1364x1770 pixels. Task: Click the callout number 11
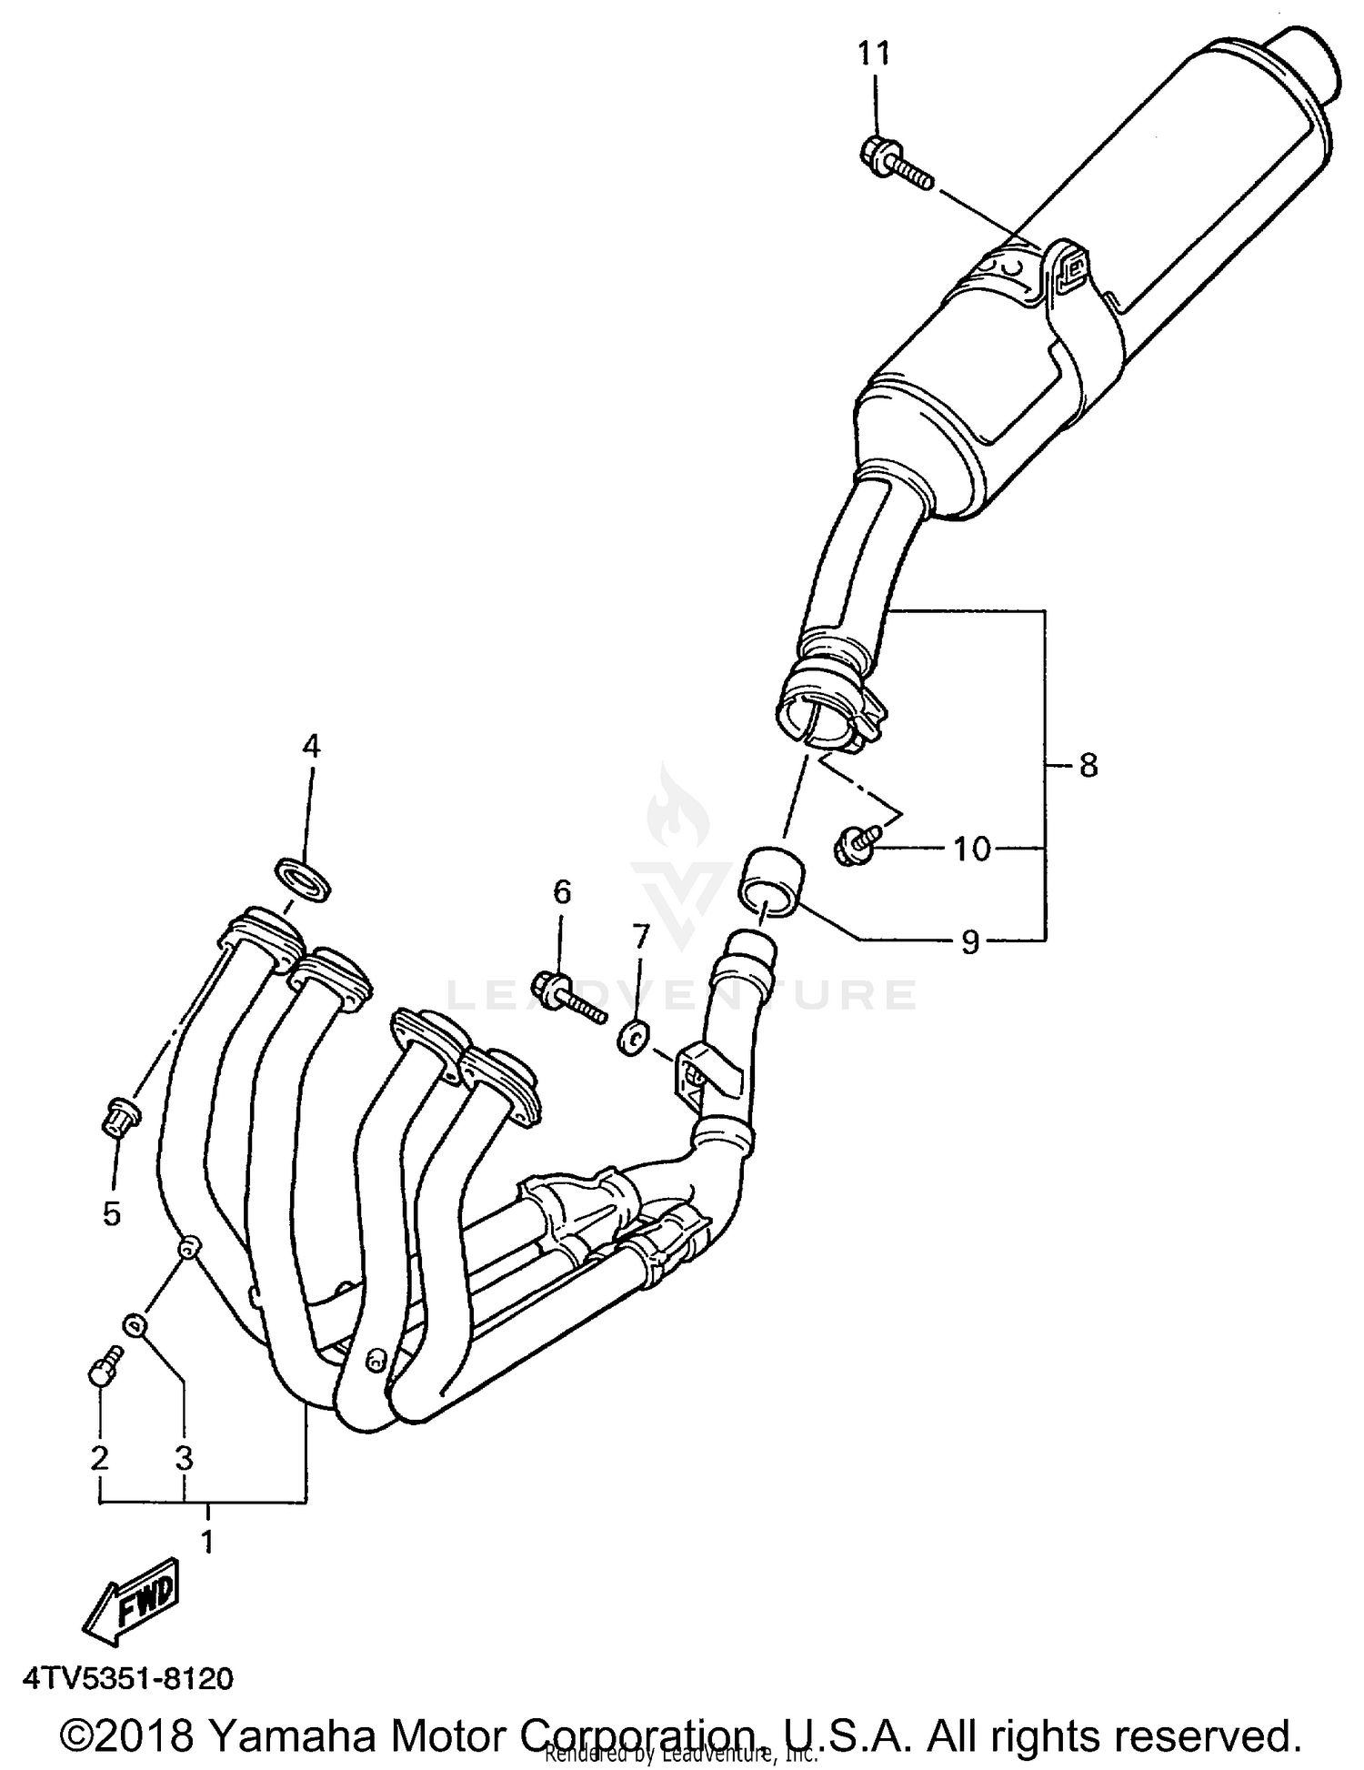(874, 55)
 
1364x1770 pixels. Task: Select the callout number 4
(311, 747)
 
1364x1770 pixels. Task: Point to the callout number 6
(562, 891)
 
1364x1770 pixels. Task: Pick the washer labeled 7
(633, 1036)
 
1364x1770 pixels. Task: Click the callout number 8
(1088, 766)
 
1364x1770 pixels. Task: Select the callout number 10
(971, 849)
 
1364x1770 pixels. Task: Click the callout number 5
(112, 1212)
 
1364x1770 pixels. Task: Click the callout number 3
(185, 1459)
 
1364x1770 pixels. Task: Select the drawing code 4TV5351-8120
(129, 1678)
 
